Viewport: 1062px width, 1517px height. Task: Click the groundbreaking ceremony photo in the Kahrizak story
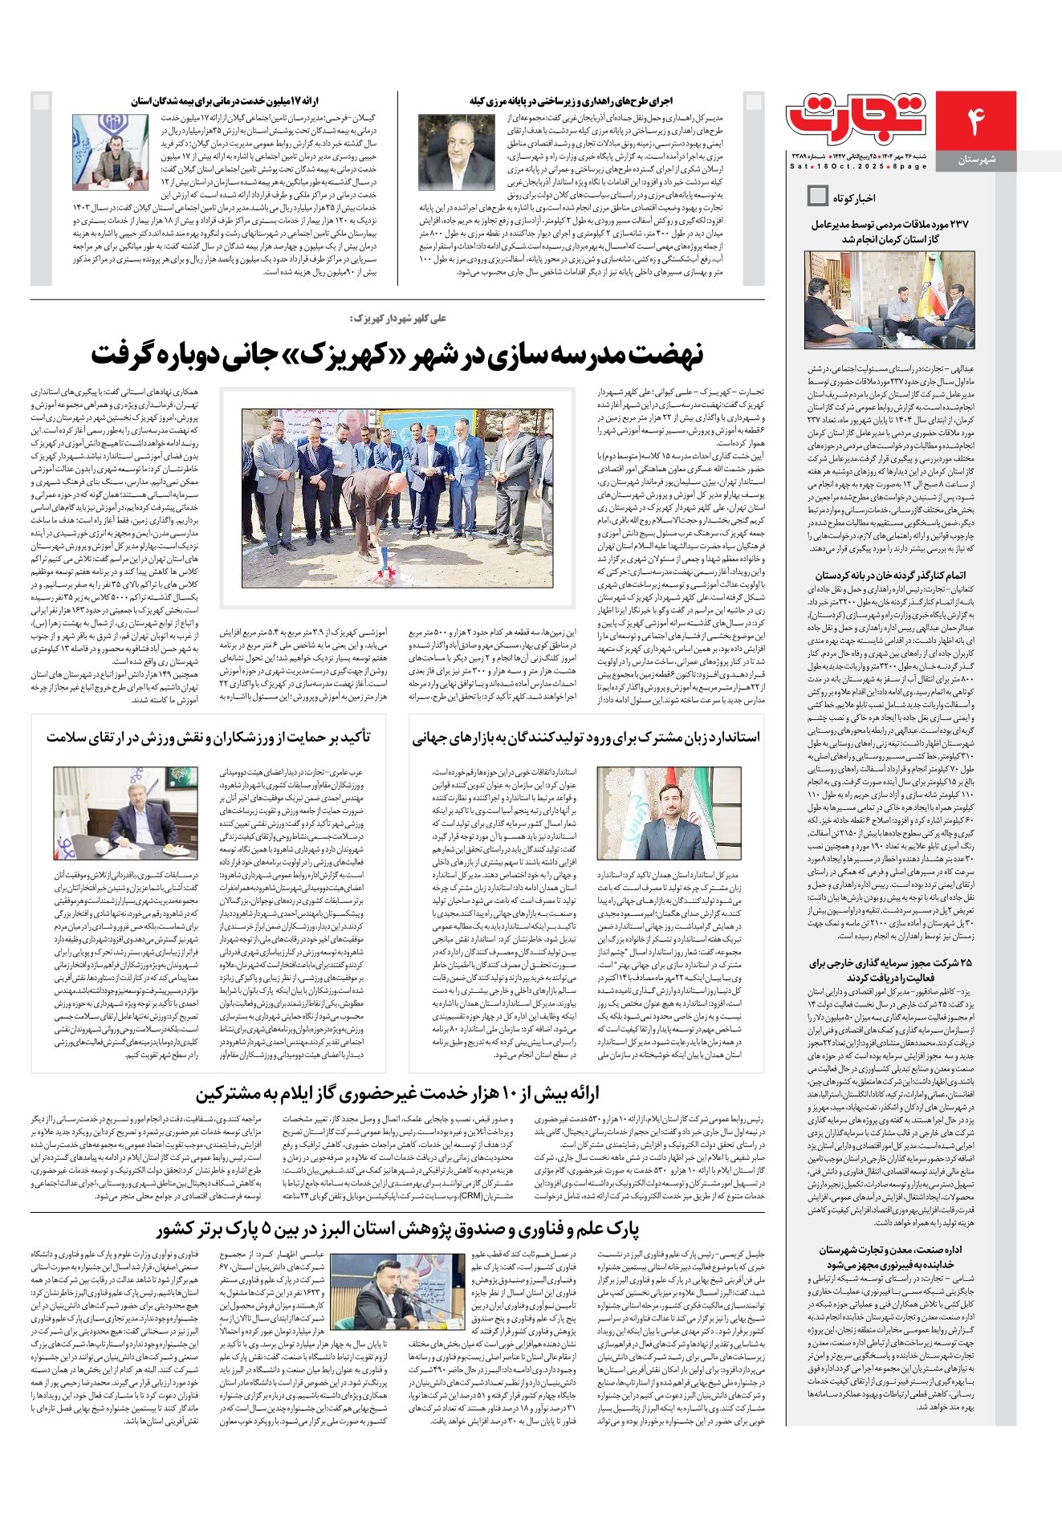(x=397, y=497)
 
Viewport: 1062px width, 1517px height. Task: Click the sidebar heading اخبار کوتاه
(x=853, y=197)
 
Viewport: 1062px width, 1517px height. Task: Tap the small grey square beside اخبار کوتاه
(x=817, y=196)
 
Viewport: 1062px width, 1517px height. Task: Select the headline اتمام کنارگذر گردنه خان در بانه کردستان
(x=890, y=575)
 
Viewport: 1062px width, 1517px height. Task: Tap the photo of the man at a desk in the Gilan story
(x=107, y=152)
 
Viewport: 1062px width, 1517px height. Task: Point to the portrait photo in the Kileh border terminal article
(x=457, y=153)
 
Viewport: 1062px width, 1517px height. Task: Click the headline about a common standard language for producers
(x=586, y=738)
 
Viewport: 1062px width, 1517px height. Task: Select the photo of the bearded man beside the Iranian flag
(x=657, y=814)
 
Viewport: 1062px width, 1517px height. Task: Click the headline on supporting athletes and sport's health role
(x=208, y=738)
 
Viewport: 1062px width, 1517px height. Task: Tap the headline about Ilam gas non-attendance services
(x=397, y=1093)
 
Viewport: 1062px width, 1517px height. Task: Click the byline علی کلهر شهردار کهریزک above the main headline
(x=397, y=319)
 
